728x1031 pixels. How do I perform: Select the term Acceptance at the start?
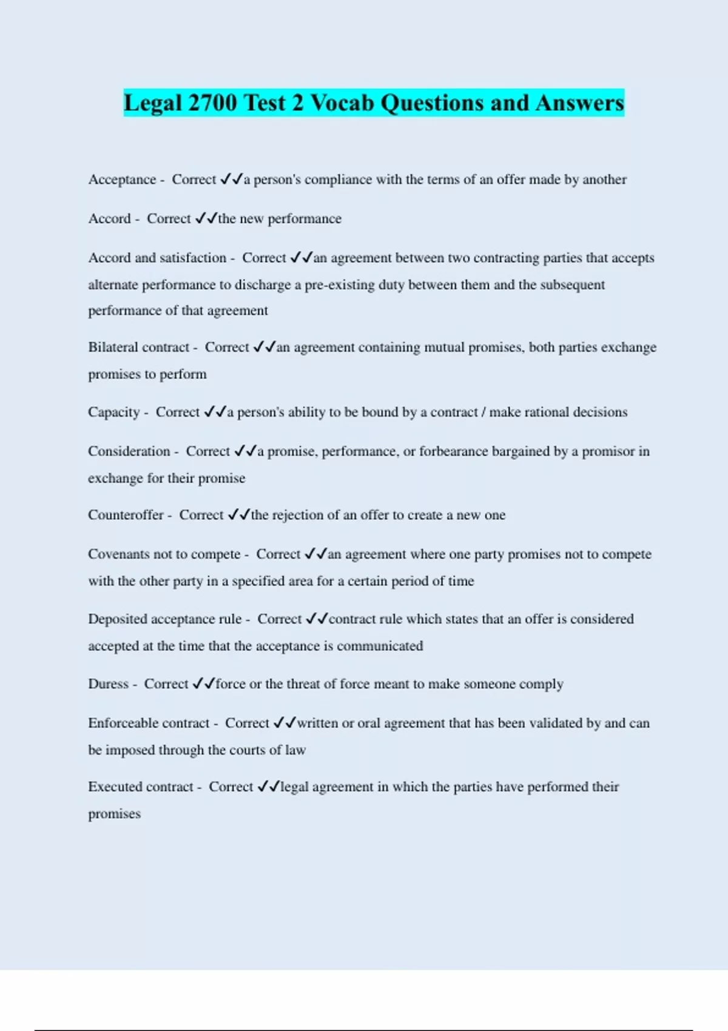[x=122, y=180]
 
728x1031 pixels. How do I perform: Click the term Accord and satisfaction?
[x=157, y=258]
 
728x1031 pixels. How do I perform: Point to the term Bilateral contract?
[x=139, y=348]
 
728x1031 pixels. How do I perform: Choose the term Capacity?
[x=113, y=412]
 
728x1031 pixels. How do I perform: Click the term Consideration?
[x=129, y=451]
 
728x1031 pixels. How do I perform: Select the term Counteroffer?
[x=126, y=515]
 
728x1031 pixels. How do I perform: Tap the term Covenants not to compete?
[x=164, y=554]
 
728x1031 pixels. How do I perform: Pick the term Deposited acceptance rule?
[x=164, y=619]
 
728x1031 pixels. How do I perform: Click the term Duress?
[x=108, y=684]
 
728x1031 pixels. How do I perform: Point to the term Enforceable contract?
[x=149, y=723]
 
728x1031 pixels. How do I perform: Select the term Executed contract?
[x=140, y=787]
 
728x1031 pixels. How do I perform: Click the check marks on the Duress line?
[x=203, y=684]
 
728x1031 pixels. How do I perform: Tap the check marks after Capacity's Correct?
[x=215, y=412]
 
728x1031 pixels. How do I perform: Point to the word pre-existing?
[x=339, y=285]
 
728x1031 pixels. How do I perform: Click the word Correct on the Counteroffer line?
[x=201, y=515]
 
